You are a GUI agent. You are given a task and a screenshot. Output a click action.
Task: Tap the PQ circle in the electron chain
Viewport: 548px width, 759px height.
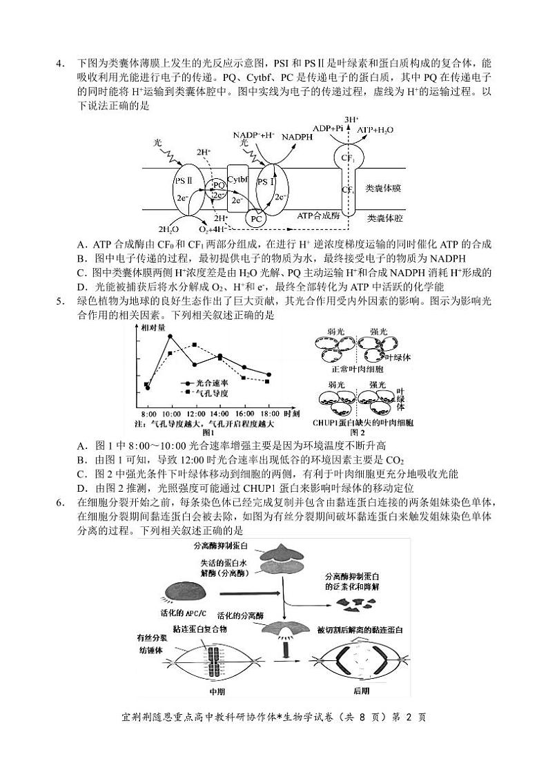[x=218, y=185]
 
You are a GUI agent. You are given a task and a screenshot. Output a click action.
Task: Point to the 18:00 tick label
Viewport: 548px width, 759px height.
[x=269, y=412]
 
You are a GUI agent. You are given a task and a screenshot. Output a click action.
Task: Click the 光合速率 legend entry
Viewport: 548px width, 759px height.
[x=211, y=382]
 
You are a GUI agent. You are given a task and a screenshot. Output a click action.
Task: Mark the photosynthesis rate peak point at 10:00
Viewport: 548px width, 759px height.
[x=170, y=336]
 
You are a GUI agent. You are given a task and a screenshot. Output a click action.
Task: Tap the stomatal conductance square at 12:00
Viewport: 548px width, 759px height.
[x=195, y=344]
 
